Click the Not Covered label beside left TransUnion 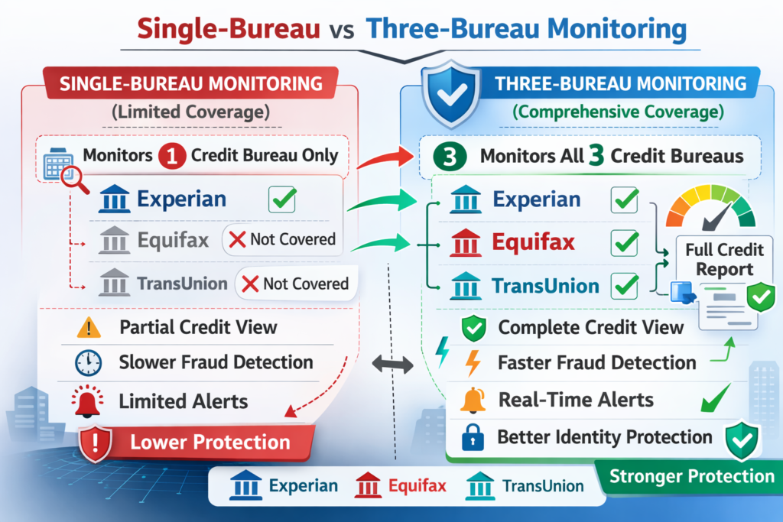point(294,284)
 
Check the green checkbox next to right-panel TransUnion point(625,287)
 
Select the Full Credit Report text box point(724,260)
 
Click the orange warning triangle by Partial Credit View point(89,328)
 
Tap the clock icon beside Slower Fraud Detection point(89,363)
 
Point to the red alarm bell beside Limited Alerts point(89,400)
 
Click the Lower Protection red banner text point(210,442)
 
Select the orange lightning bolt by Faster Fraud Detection point(473,363)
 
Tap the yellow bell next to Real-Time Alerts point(473,400)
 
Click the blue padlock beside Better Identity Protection point(472,438)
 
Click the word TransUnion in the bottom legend point(542,485)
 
